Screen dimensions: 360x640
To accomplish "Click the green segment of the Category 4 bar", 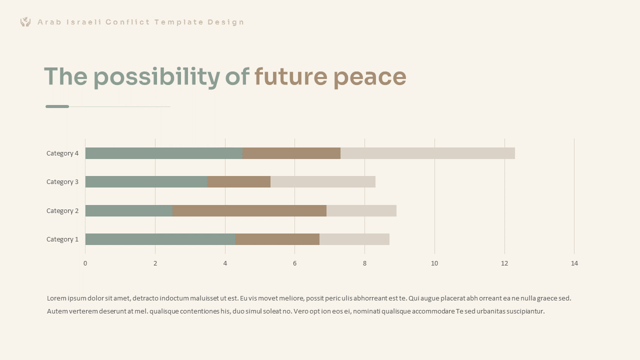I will click(163, 153).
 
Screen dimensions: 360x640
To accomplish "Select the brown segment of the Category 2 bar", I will click(249, 210).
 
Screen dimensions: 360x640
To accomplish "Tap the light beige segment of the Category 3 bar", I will click(322, 182).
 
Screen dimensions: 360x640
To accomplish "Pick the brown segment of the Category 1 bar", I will click(277, 239).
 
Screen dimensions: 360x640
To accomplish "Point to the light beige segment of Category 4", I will click(427, 153).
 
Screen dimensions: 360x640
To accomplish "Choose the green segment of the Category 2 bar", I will click(128, 210).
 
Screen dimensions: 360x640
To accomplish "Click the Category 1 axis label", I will click(62, 239).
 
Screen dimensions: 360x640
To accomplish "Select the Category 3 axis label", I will click(62, 182).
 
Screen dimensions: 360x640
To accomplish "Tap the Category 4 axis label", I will click(62, 153).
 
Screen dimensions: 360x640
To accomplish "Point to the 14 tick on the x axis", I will click(574, 263).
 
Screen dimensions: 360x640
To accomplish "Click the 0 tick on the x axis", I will click(85, 263).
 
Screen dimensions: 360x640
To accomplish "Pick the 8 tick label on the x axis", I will click(364, 263).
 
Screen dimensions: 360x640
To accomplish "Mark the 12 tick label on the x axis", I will click(504, 263).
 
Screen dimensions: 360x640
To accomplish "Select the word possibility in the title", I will click(156, 77).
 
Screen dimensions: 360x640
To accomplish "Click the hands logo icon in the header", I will click(25, 22).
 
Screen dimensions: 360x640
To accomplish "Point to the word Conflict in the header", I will click(127, 22).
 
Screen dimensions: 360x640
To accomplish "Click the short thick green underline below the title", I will click(57, 106).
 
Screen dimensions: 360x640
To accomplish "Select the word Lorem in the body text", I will click(56, 298).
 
